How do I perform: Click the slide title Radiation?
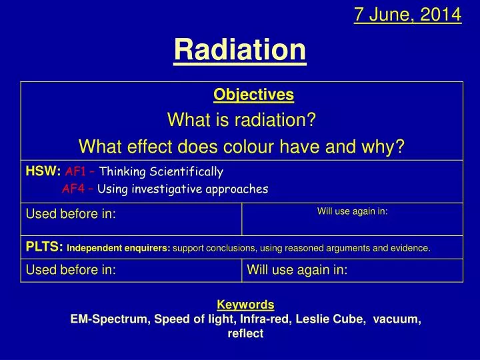click(x=240, y=49)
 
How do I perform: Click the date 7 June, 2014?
click(x=407, y=14)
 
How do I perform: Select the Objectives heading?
click(x=253, y=95)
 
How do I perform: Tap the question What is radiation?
click(x=241, y=120)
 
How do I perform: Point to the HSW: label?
click(x=43, y=171)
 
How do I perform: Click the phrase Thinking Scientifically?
click(x=161, y=171)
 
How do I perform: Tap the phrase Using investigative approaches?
click(x=182, y=189)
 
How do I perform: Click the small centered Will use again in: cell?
click(x=352, y=211)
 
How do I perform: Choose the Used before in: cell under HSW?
click(x=71, y=214)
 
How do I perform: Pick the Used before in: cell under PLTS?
click(x=71, y=270)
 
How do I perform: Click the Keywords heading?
click(x=245, y=305)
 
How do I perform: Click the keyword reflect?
click(x=245, y=334)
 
